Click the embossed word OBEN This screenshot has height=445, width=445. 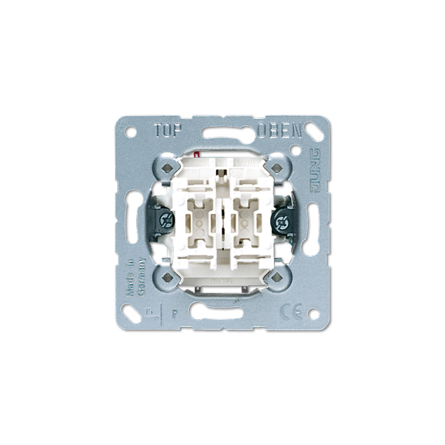280,131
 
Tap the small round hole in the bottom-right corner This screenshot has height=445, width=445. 313,313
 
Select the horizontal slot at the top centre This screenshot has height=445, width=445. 222,133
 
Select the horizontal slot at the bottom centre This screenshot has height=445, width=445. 222,311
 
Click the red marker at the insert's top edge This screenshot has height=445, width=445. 197,153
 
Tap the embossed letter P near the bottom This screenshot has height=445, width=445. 174,311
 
